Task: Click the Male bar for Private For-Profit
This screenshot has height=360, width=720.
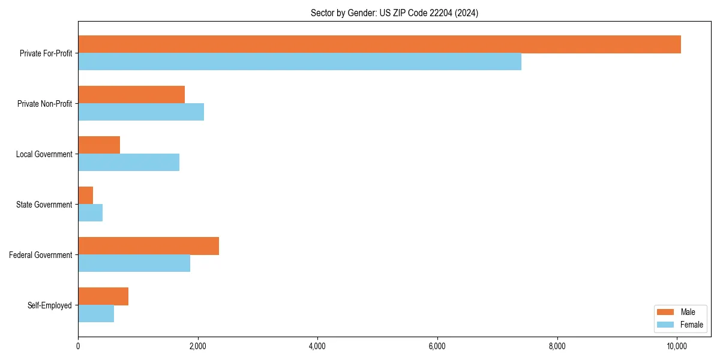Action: (379, 44)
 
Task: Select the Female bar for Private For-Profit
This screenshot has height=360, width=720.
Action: (299, 62)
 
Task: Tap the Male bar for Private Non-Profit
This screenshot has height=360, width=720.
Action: (131, 95)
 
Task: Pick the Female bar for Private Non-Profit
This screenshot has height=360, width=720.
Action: (141, 112)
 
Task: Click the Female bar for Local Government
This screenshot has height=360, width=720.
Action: (128, 163)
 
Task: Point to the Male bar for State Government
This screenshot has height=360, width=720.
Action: (86, 196)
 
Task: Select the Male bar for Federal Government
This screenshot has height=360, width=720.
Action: (148, 246)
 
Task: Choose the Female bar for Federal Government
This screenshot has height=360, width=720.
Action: (134, 263)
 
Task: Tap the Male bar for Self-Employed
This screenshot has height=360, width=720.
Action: (103, 296)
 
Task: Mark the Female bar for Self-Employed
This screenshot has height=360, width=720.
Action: (96, 314)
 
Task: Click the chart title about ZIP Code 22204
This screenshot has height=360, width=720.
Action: (394, 13)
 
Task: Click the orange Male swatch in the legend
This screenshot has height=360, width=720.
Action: (665, 312)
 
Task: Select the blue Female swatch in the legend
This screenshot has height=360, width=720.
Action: (665, 325)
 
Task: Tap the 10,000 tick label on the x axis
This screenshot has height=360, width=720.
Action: (677, 346)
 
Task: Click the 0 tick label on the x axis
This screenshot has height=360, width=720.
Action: (78, 346)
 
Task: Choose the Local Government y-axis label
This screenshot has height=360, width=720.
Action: (44, 154)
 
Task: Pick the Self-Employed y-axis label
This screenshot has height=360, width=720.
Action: (49, 305)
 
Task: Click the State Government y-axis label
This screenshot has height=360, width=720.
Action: (44, 205)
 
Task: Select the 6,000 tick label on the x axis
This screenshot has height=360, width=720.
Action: (437, 346)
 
